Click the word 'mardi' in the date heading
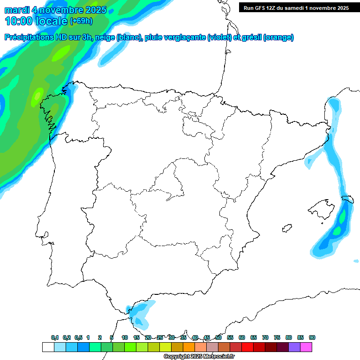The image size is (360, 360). pyautogui.click(x=17, y=10)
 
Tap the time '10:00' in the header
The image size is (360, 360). pyautogui.click(x=19, y=21)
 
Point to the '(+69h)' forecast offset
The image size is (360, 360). pyautogui.click(x=81, y=21)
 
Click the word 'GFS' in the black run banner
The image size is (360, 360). pyautogui.click(x=263, y=7)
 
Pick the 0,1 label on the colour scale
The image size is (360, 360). pyautogui.click(x=55, y=337)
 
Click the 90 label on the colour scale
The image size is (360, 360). pyautogui.click(x=312, y=337)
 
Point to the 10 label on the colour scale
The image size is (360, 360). pyautogui.click(x=125, y=337)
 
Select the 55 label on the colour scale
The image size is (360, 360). pyautogui.click(x=230, y=337)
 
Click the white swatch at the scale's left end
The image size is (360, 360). pyautogui.click(x=48, y=347)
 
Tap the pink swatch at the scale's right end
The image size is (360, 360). pyautogui.click(x=306, y=347)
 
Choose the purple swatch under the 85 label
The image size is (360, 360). pyautogui.click(x=294, y=347)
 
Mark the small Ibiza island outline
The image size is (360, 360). pyautogui.click(x=286, y=228)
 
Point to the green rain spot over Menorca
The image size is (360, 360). pyautogui.click(x=343, y=217)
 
